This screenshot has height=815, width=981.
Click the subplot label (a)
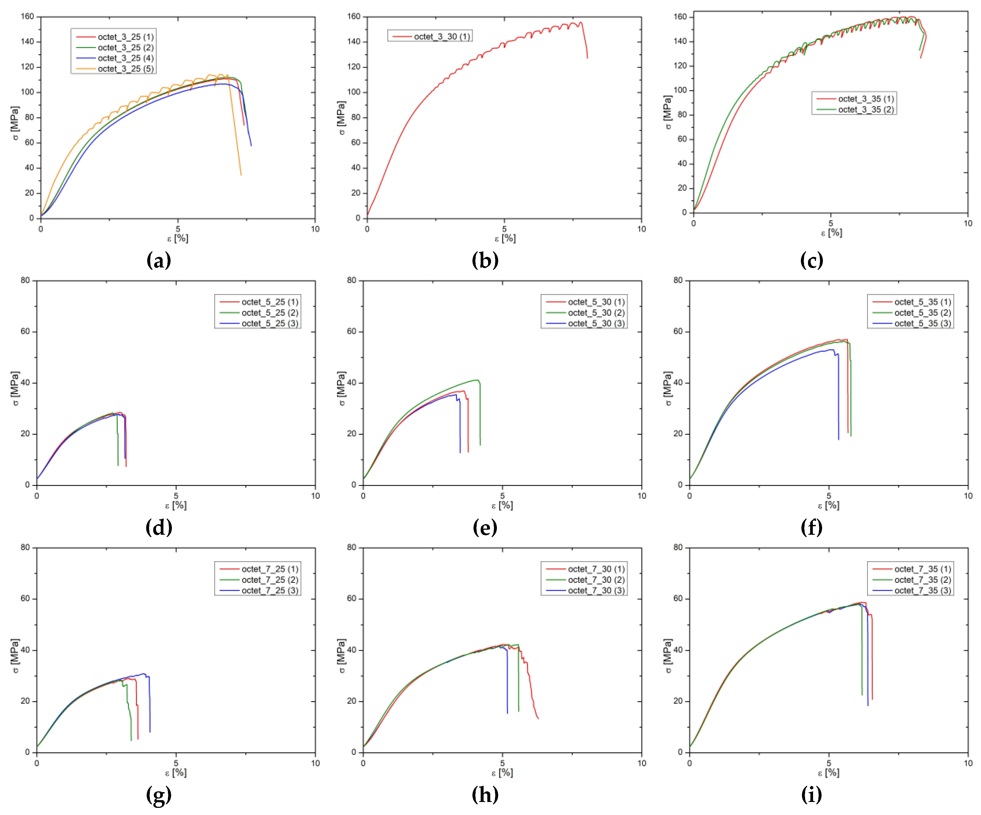[159, 260]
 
